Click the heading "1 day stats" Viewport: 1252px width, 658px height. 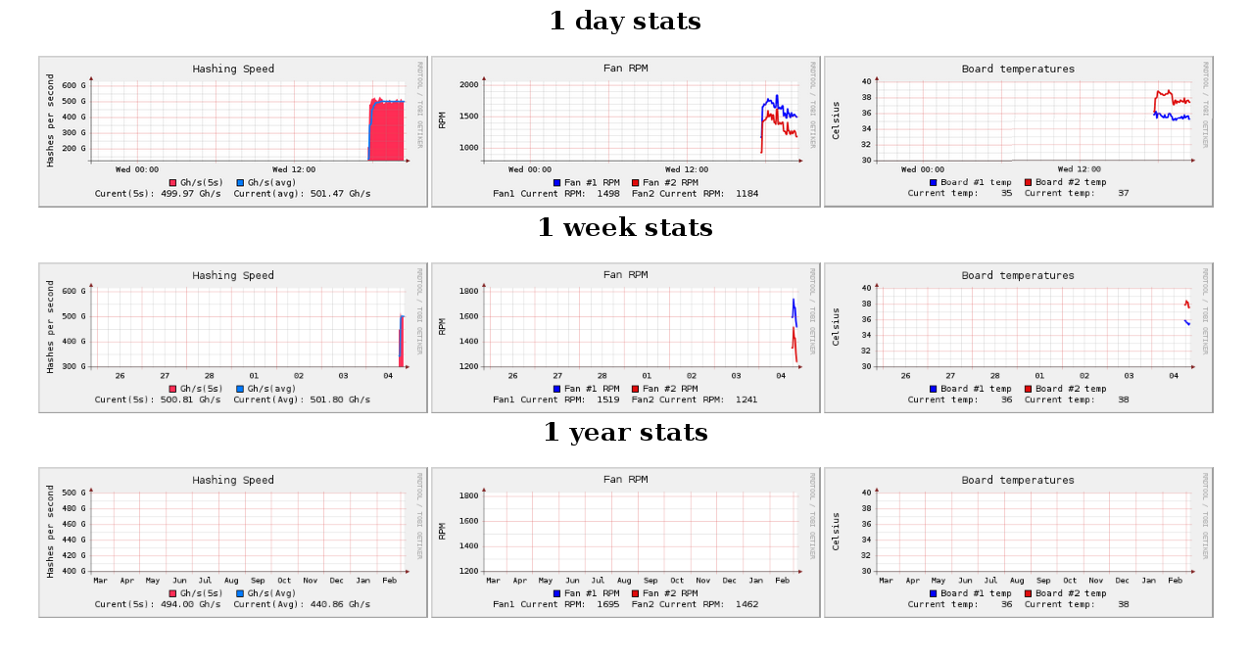(x=625, y=21)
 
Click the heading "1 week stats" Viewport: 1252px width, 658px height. (x=625, y=227)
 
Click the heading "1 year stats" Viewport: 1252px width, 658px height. (x=625, y=432)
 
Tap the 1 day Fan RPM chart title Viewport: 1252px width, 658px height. (x=625, y=69)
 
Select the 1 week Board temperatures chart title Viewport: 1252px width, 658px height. (x=1018, y=275)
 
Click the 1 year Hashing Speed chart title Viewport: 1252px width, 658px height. (x=233, y=480)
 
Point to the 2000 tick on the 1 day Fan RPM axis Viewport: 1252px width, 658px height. (x=466, y=85)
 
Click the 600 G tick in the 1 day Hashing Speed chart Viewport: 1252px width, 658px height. (x=74, y=85)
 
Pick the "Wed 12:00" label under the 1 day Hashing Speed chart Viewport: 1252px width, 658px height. (x=294, y=169)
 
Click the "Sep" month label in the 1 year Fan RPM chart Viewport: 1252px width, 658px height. (x=650, y=581)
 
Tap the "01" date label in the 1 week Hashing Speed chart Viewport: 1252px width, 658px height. (x=254, y=376)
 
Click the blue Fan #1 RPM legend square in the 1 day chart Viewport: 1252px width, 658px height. (x=557, y=182)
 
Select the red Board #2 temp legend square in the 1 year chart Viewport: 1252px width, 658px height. (x=1029, y=593)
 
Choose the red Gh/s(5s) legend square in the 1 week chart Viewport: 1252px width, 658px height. (x=172, y=389)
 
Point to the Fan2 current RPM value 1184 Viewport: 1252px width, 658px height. (x=745, y=194)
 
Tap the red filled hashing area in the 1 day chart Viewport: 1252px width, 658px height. (x=387, y=132)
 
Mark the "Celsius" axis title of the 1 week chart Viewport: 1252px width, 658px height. (x=837, y=327)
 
